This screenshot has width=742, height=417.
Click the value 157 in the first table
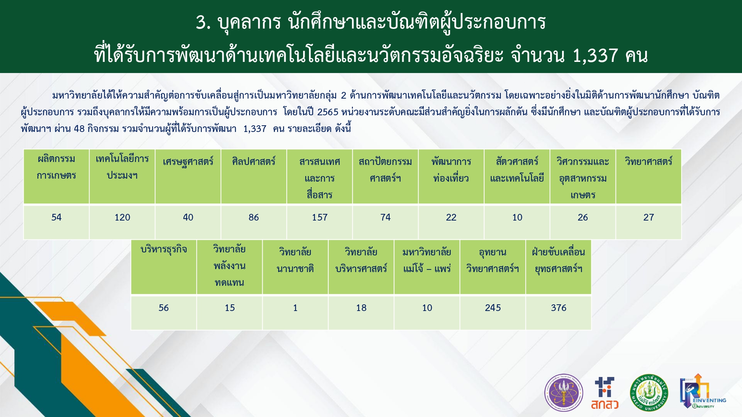[x=319, y=217]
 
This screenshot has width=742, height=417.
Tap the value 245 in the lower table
[x=493, y=308]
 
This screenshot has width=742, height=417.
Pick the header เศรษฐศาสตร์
[x=188, y=162]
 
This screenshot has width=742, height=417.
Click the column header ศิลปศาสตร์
[x=254, y=161]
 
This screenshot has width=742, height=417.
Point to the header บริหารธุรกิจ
[x=164, y=249]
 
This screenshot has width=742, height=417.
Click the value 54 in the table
[x=56, y=217]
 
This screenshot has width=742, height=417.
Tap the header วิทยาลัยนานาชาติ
[x=295, y=260]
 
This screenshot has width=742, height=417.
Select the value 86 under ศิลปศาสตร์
[x=254, y=217]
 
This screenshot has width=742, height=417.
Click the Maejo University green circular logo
[x=649, y=393]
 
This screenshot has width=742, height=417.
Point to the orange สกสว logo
[x=605, y=393]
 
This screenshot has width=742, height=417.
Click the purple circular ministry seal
[x=564, y=393]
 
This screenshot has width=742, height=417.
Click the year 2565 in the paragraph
[x=328, y=112]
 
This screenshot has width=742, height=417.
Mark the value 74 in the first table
[x=385, y=217]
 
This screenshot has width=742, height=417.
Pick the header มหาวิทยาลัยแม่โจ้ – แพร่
[x=427, y=260]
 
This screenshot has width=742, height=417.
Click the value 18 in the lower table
[x=361, y=308]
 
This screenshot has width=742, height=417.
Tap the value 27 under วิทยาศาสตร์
[x=649, y=217]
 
